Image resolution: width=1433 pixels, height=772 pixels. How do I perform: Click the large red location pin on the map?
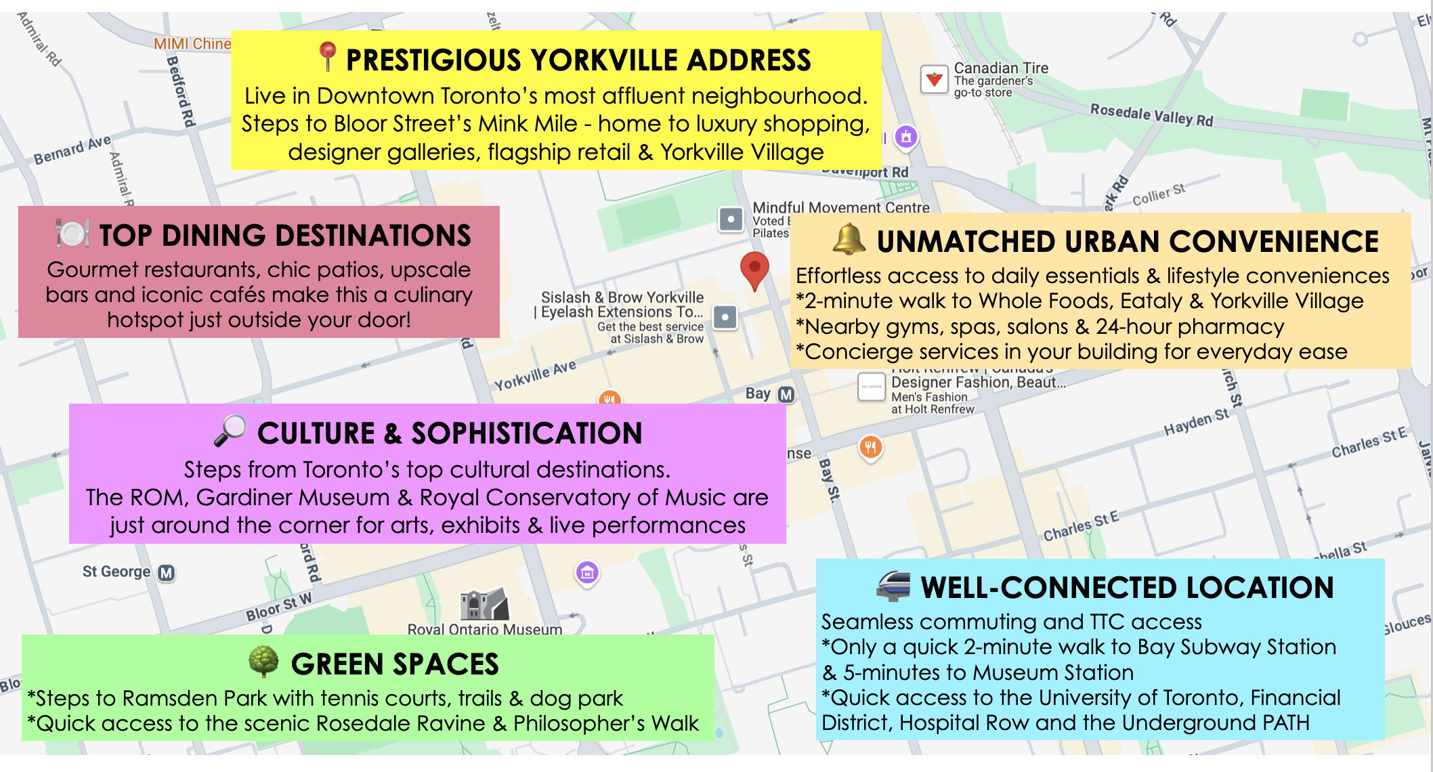coord(754,269)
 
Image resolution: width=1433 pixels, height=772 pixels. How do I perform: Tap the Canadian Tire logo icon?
coord(935,79)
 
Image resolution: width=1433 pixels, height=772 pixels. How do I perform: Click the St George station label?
coord(116,572)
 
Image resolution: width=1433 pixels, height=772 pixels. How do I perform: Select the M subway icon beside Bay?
coord(786,394)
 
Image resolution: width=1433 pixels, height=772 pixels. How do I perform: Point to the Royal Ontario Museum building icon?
coord(484,603)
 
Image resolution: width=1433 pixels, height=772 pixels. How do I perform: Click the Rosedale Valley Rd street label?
coord(1151,115)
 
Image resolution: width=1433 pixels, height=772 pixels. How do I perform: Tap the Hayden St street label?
coord(1195,423)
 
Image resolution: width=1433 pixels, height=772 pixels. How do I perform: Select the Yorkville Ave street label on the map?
coord(534,375)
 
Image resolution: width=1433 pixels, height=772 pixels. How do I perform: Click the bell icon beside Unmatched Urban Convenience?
coord(849,240)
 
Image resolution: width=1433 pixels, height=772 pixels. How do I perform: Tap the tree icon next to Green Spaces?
coord(263,662)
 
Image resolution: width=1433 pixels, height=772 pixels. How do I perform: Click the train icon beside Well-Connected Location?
coord(893,586)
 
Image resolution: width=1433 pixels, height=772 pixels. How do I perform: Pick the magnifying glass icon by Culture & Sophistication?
coord(230,431)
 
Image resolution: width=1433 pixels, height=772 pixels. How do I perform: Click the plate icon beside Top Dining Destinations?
coord(72,234)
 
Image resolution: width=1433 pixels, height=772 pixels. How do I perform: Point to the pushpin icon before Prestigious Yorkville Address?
coord(327,57)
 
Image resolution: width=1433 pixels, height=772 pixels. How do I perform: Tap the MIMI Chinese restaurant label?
coord(192,44)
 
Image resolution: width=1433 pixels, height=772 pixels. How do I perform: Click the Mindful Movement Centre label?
coord(841,207)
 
